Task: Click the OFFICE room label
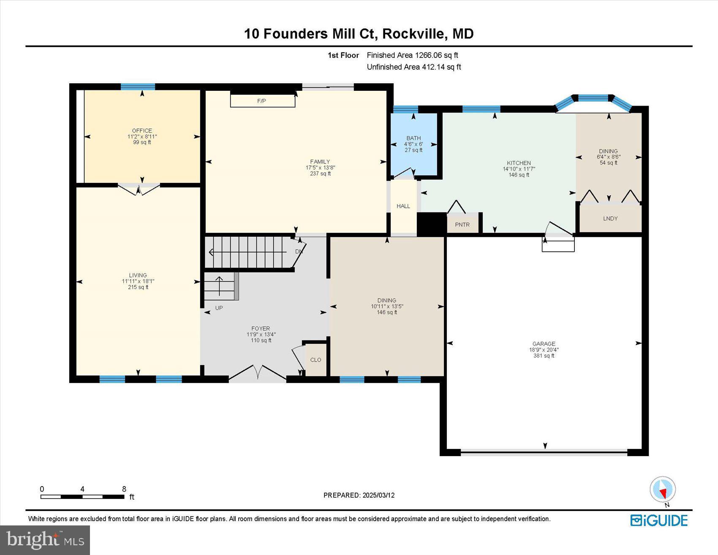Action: click(x=142, y=131)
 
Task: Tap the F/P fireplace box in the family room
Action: click(x=262, y=101)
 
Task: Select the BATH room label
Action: click(x=413, y=138)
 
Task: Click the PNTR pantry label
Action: click(x=462, y=225)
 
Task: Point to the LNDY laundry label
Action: click(x=610, y=218)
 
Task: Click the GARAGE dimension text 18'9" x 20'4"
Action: click(x=544, y=350)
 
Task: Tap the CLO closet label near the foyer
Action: click(x=315, y=360)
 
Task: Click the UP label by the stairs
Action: click(x=219, y=308)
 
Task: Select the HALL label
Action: click(x=403, y=206)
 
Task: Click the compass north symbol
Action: click(x=663, y=490)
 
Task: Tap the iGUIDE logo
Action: click(x=659, y=520)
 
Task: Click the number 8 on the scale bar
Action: click(x=124, y=489)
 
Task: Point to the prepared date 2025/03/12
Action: click(x=378, y=495)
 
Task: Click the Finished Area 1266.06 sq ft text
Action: click(x=412, y=55)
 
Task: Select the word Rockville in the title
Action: click(x=413, y=33)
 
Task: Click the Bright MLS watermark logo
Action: click(x=45, y=540)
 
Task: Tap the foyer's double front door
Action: click(x=258, y=373)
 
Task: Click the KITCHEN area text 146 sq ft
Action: click(x=519, y=175)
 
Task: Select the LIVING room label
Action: click(x=138, y=275)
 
